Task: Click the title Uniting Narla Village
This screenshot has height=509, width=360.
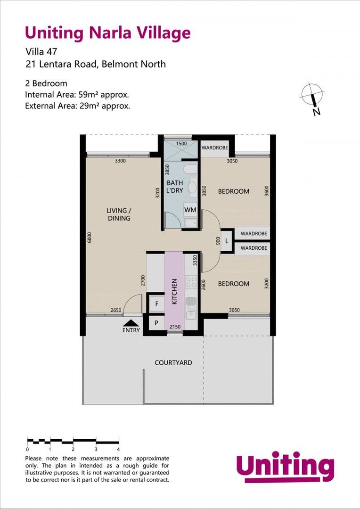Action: [107, 33]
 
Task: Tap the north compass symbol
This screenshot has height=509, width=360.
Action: [312, 97]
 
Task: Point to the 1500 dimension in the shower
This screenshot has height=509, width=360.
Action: [181, 144]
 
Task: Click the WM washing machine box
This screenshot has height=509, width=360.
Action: [190, 209]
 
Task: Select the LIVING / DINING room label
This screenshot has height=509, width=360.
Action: [118, 214]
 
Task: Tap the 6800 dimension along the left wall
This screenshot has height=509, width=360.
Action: [89, 237]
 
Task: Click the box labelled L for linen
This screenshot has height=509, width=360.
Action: [227, 241]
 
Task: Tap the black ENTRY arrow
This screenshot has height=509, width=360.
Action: [131, 323]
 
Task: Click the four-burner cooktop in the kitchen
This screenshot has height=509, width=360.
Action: [191, 282]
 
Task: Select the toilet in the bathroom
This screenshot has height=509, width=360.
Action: [191, 169]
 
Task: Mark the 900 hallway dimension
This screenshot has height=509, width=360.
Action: [217, 241]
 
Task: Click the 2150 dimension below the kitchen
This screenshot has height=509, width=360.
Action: [175, 327]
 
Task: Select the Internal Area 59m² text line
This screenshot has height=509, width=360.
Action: [77, 95]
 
